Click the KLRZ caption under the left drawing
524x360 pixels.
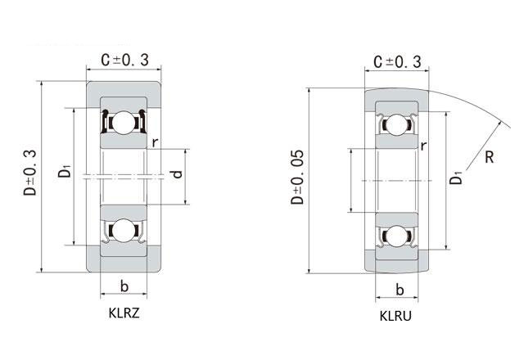pyautogui.click(x=124, y=313)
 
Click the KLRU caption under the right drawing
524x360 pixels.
pyautogui.click(x=395, y=316)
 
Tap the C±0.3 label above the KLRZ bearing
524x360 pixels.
pyautogui.click(x=125, y=60)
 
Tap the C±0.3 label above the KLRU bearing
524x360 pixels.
pyautogui.click(x=397, y=62)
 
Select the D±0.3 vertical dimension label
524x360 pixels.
pyautogui.click(x=29, y=173)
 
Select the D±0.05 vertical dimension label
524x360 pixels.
pyautogui.click(x=297, y=177)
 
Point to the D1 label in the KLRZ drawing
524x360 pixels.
pyautogui.click(x=65, y=170)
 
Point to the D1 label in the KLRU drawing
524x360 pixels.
pyautogui.click(x=456, y=178)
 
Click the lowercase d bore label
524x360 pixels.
pyautogui.click(x=177, y=174)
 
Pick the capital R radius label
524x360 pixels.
pyautogui.click(x=490, y=157)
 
